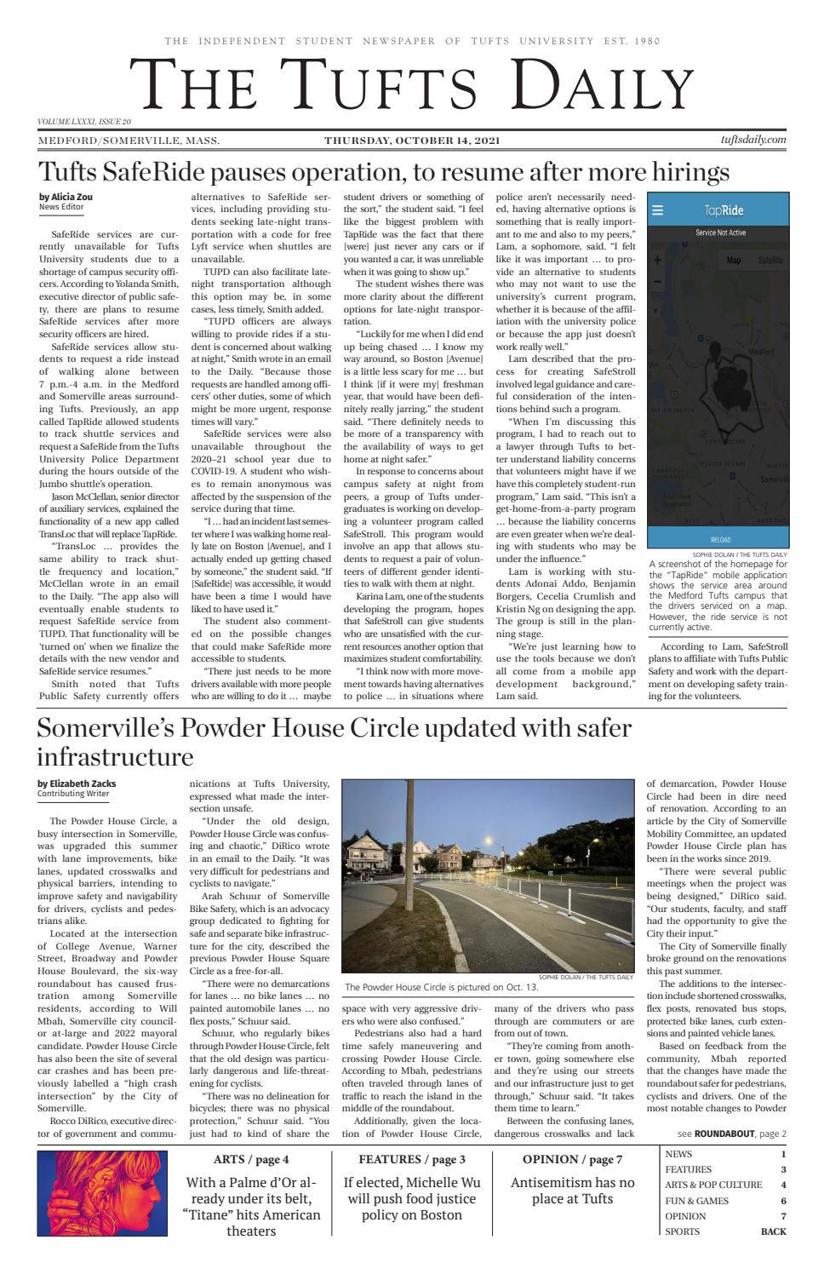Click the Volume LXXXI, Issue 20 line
click(x=84, y=122)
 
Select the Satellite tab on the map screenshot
click(x=770, y=261)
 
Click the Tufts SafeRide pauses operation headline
click(x=383, y=172)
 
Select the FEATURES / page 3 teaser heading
click(x=412, y=1159)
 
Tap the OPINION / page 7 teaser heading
click(x=572, y=1159)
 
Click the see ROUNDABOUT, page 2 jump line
click(x=731, y=1133)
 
